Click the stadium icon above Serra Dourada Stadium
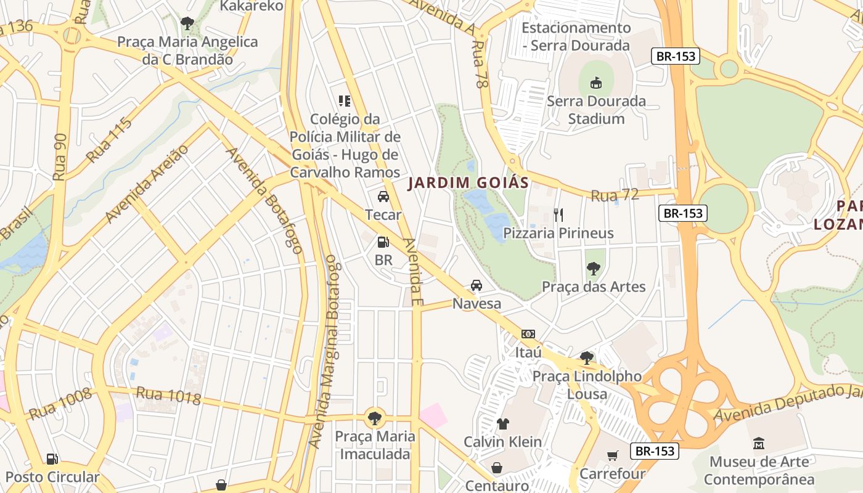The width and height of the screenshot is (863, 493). click(595, 83)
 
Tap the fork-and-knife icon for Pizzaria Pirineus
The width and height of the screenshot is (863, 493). click(558, 214)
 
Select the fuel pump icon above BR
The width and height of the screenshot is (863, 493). click(383, 242)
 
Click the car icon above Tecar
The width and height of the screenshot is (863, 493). click(383, 197)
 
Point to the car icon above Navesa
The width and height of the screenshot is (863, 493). click(476, 285)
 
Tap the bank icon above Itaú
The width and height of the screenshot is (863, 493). click(528, 334)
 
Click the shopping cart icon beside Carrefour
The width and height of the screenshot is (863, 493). click(612, 456)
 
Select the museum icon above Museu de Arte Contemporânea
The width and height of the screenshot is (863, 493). click(759, 443)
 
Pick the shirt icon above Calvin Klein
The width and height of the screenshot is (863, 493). click(503, 424)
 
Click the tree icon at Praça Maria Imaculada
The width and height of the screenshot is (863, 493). click(374, 418)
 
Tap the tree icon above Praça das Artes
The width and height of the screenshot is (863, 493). click(594, 268)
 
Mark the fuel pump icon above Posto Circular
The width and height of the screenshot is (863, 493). click(52, 458)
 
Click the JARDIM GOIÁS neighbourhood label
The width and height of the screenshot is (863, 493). click(468, 183)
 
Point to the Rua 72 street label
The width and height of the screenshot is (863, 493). click(615, 195)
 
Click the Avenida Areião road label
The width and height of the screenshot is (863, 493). click(147, 184)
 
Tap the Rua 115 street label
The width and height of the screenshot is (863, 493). click(109, 140)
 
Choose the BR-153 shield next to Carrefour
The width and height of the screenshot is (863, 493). click(655, 451)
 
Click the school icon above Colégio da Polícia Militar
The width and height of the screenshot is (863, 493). click(345, 100)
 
